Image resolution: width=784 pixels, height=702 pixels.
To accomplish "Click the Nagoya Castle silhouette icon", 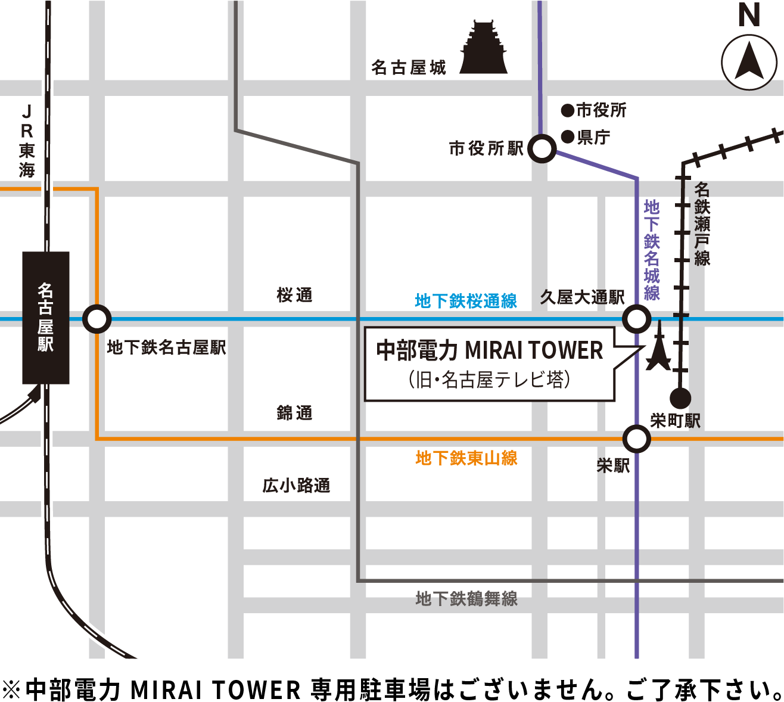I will point(483,49).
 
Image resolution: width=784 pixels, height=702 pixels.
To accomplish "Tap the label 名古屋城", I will point(409,68).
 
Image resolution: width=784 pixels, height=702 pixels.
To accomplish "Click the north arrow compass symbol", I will point(749,62).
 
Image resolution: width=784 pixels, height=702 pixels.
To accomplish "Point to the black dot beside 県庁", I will point(568,138).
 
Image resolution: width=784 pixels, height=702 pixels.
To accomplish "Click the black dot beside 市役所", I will point(568,110).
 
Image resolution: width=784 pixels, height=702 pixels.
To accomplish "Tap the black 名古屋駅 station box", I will point(46,318).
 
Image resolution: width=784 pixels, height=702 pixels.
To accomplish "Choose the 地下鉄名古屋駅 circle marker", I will point(96,319).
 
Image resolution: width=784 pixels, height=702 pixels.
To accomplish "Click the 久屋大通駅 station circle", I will point(636,319).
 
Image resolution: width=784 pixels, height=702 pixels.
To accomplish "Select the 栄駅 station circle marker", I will point(636,439).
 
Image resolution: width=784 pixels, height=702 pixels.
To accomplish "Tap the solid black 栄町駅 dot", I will point(680,397).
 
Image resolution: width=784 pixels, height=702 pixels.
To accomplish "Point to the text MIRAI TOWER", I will point(534,350).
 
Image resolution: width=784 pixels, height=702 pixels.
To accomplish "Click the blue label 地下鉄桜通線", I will point(466,301).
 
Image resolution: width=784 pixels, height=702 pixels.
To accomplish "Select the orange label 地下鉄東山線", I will point(466,458).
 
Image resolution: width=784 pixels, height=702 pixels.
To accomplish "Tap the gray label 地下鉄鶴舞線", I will point(466,599).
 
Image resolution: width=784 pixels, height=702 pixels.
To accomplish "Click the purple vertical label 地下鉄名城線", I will point(652,250).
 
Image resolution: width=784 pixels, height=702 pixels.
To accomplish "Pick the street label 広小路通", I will point(296,486).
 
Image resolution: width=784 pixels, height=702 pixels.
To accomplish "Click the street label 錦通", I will point(294,413).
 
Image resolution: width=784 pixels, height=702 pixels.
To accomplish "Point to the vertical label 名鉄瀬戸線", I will point(702,223).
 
